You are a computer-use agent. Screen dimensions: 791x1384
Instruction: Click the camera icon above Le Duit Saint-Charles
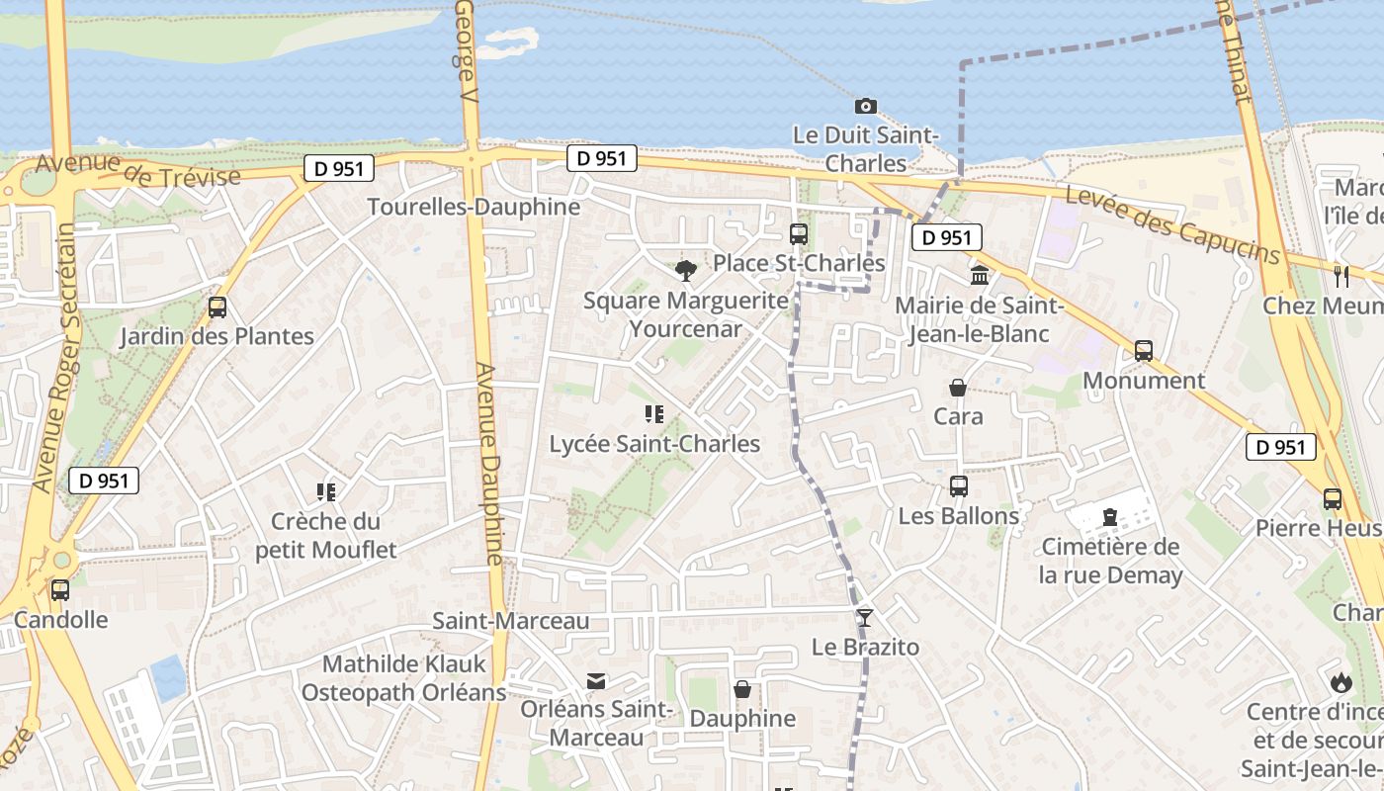[x=865, y=106]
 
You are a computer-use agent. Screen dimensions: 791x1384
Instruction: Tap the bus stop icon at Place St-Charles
[x=799, y=234]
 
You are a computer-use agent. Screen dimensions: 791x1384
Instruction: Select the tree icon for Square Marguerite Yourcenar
[x=684, y=269]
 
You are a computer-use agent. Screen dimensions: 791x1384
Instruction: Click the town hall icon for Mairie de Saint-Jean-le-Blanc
[x=980, y=275]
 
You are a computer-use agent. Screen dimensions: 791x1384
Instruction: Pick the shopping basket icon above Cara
[x=958, y=387]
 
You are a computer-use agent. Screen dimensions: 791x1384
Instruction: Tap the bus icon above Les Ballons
[x=958, y=485]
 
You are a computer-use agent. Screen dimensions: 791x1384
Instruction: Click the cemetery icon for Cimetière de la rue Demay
[x=1109, y=516]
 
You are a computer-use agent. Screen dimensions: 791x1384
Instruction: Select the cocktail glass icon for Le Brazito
[x=865, y=618]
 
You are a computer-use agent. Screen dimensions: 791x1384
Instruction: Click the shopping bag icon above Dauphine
[x=742, y=689]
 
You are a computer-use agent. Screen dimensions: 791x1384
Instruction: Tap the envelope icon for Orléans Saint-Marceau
[x=596, y=681]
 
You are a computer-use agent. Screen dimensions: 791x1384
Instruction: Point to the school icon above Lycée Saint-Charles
[x=653, y=413]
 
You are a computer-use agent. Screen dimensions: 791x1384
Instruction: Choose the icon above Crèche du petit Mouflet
[x=325, y=491]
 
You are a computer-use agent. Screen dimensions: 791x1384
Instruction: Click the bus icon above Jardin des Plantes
[x=217, y=308]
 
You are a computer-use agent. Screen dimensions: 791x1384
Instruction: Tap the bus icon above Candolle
[x=60, y=590]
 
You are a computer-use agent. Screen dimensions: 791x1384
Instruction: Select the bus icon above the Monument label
[x=1144, y=350]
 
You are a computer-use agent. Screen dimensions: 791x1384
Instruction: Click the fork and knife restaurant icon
[x=1341, y=276]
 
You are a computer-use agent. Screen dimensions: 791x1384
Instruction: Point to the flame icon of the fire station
[x=1341, y=681]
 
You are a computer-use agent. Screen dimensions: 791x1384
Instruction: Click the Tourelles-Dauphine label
[x=474, y=207]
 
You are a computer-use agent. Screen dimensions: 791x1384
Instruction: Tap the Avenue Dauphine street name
[x=490, y=465]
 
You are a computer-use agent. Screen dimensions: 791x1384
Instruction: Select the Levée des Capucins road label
[x=1173, y=226]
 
